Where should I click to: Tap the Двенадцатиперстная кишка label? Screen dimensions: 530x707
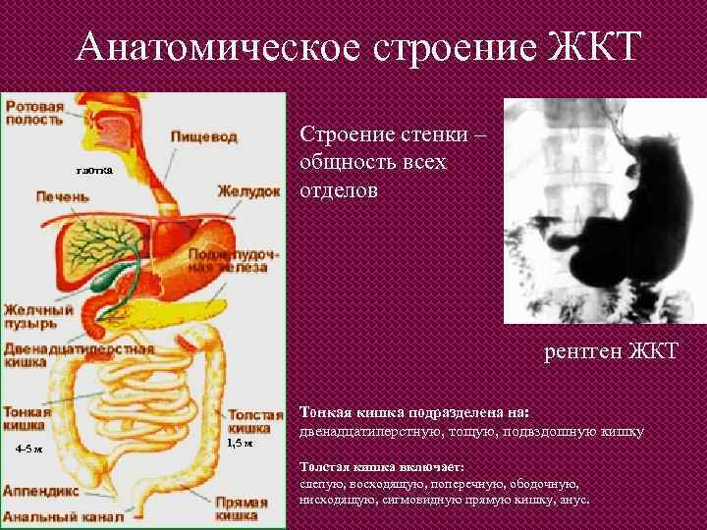click(x=78, y=354)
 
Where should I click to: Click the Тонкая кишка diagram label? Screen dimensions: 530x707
click(x=27, y=419)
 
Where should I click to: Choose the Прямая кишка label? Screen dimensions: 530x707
click(x=242, y=507)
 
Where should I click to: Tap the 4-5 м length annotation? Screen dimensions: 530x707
click(x=28, y=449)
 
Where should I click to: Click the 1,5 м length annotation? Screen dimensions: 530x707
click(x=241, y=444)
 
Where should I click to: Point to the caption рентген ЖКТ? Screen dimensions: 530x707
click(x=611, y=352)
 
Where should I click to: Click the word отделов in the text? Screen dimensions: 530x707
click(x=338, y=187)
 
